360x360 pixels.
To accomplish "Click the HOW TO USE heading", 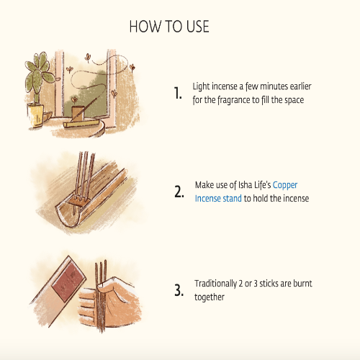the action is [169, 27].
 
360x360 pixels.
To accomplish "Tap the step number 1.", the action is [178, 93].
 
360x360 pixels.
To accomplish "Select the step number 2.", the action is [179, 192].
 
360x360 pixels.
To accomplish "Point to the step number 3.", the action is [179, 290].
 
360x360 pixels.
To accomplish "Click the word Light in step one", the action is [201, 86].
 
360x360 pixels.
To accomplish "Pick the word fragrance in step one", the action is [233, 100].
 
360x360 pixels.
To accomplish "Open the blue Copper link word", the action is [285, 185].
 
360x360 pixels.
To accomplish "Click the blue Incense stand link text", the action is [218, 199].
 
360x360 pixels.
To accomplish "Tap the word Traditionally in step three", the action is [215, 284].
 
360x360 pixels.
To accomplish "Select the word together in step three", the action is [210, 297].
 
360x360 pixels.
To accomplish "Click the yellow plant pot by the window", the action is [35, 115].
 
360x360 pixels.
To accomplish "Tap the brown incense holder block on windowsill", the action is [78, 113].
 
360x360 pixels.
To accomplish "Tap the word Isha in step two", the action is [245, 185].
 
